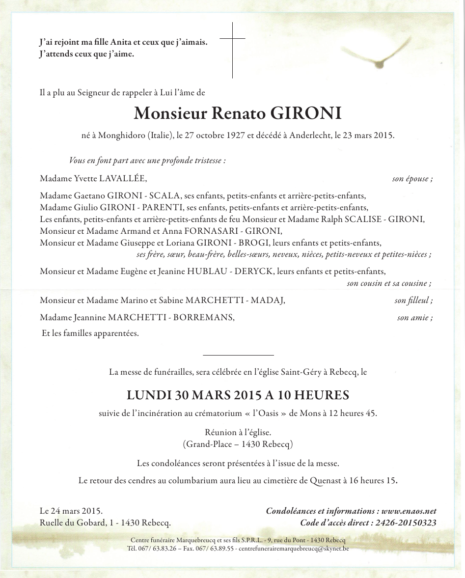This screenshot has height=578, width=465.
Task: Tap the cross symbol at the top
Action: point(232,50)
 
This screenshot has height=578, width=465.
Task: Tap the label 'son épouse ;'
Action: point(412,179)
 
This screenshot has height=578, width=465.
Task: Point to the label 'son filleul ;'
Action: point(413,301)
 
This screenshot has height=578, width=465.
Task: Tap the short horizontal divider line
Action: point(238,355)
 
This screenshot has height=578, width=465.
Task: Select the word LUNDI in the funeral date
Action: point(145,395)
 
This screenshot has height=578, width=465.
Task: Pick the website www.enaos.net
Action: point(409,511)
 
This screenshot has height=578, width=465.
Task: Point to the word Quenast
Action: point(327,480)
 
